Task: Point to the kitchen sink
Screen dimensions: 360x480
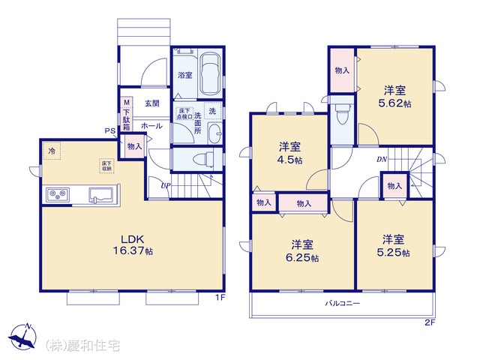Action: coord(100,196)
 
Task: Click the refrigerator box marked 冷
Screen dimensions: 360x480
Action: coord(52,152)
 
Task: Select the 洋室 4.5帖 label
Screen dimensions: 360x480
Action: coord(291,151)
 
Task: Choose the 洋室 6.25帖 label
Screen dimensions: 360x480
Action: coord(303,251)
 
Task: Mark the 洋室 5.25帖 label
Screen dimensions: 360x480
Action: coord(394,246)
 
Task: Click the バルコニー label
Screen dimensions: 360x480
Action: coord(343,304)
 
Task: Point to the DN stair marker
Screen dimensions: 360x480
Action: coord(382,160)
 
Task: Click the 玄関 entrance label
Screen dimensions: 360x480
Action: coord(151,103)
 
